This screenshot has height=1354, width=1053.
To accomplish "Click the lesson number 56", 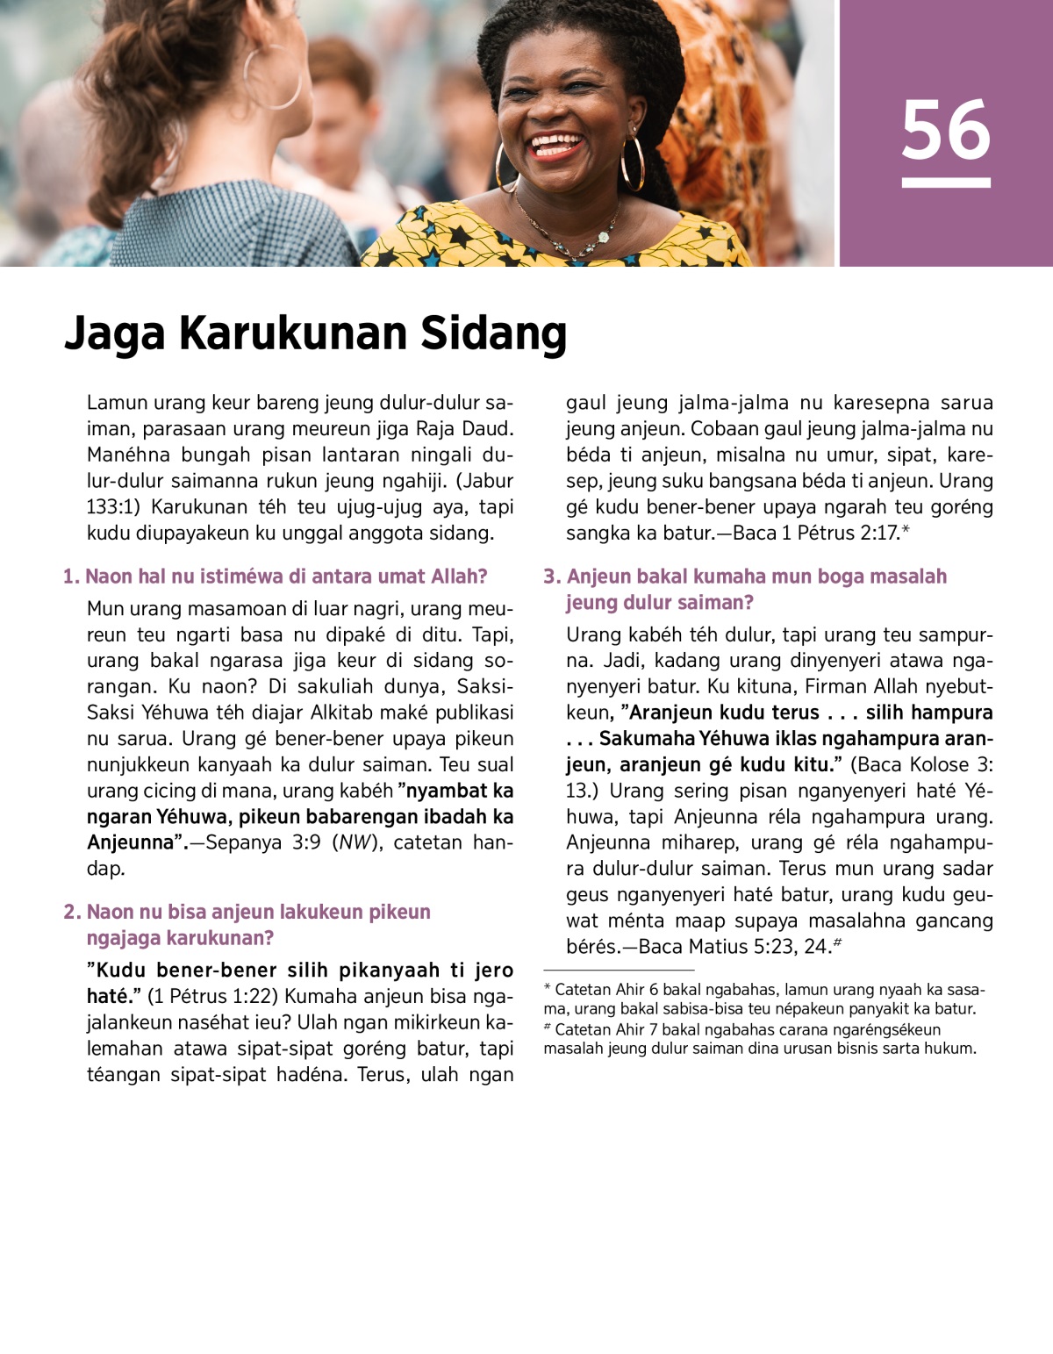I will (x=945, y=131).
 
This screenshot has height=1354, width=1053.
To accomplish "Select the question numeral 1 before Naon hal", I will (x=69, y=577).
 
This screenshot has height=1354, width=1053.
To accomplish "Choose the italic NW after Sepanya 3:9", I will (x=354, y=842).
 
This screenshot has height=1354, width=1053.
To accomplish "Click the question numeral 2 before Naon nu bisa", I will (x=70, y=912).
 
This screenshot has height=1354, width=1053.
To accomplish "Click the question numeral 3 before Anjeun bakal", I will (x=550, y=577).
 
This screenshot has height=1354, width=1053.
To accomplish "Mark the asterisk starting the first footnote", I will (x=548, y=988).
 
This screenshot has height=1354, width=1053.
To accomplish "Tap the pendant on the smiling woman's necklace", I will (x=604, y=237).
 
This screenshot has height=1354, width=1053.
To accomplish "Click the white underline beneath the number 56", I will (x=945, y=183).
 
